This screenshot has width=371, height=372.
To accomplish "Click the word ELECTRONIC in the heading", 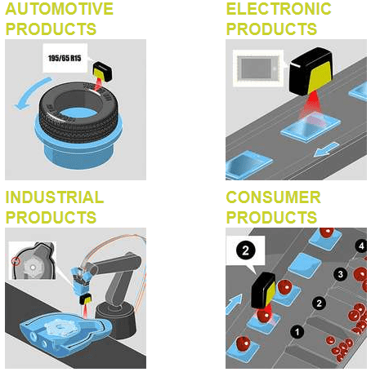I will coord(279,10).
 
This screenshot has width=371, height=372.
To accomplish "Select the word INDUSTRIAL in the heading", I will coord(55,198).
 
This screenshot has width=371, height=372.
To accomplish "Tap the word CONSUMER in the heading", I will coord(273,198).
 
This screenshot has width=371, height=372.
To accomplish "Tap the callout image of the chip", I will coord(257,67).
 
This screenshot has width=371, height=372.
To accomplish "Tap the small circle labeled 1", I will coord(297,332).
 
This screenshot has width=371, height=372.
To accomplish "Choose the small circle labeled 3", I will coord(341,275).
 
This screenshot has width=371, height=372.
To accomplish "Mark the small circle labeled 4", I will coord(361,245).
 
